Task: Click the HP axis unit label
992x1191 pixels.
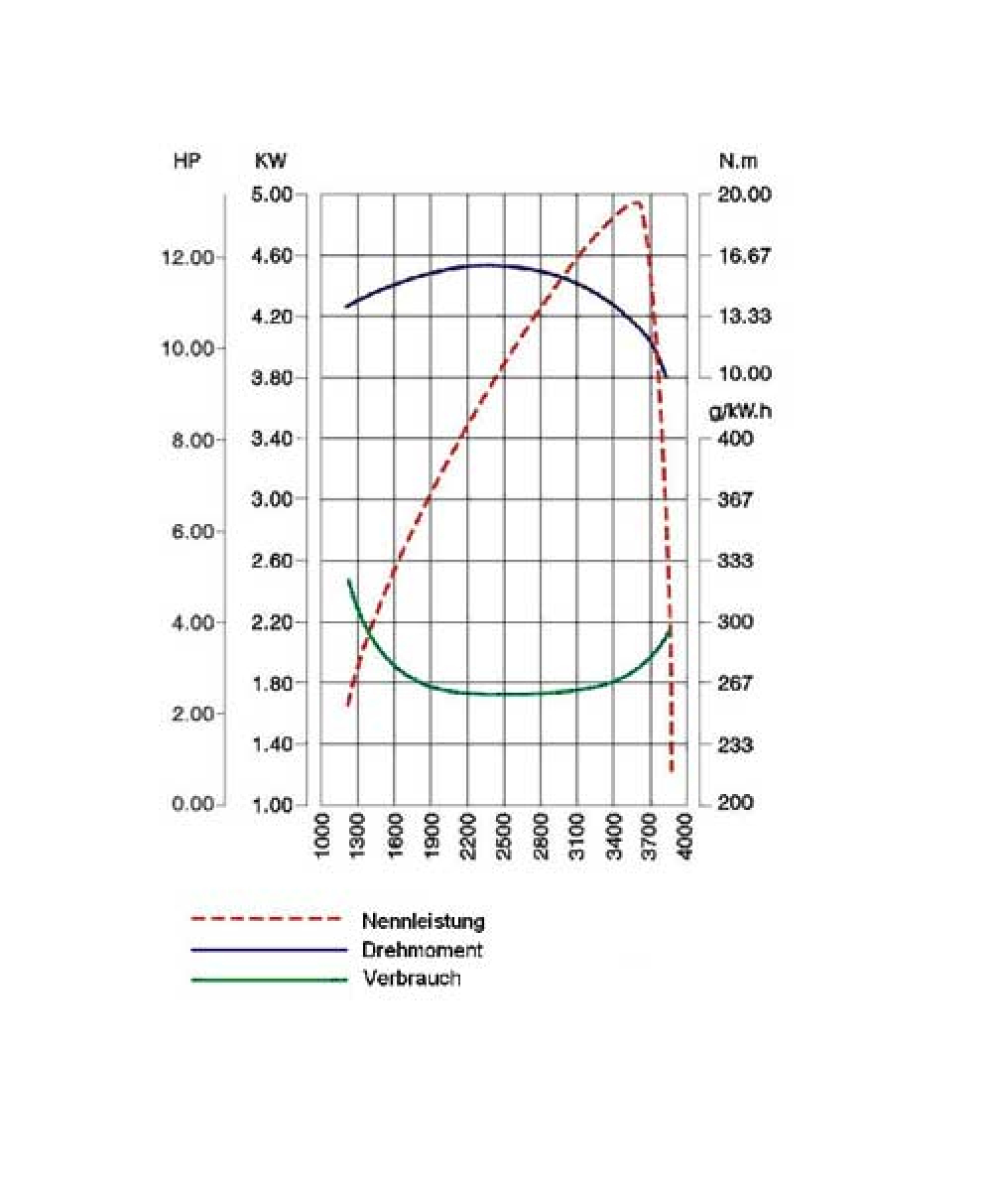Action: coord(186,162)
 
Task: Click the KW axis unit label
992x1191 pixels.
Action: coord(270,162)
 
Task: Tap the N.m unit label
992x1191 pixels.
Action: coord(738,162)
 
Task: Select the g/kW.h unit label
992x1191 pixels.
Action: coord(740,411)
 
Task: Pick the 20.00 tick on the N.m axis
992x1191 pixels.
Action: coord(744,195)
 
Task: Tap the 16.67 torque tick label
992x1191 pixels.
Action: coord(744,256)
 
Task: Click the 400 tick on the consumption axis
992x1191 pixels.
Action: coord(735,439)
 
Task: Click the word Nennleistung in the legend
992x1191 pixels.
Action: coord(424,921)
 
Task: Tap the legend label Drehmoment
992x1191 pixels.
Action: coord(423,950)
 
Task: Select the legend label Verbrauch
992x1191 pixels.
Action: coord(412,980)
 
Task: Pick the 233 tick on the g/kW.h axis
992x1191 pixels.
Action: coord(735,744)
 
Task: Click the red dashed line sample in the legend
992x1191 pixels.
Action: coord(269,919)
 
